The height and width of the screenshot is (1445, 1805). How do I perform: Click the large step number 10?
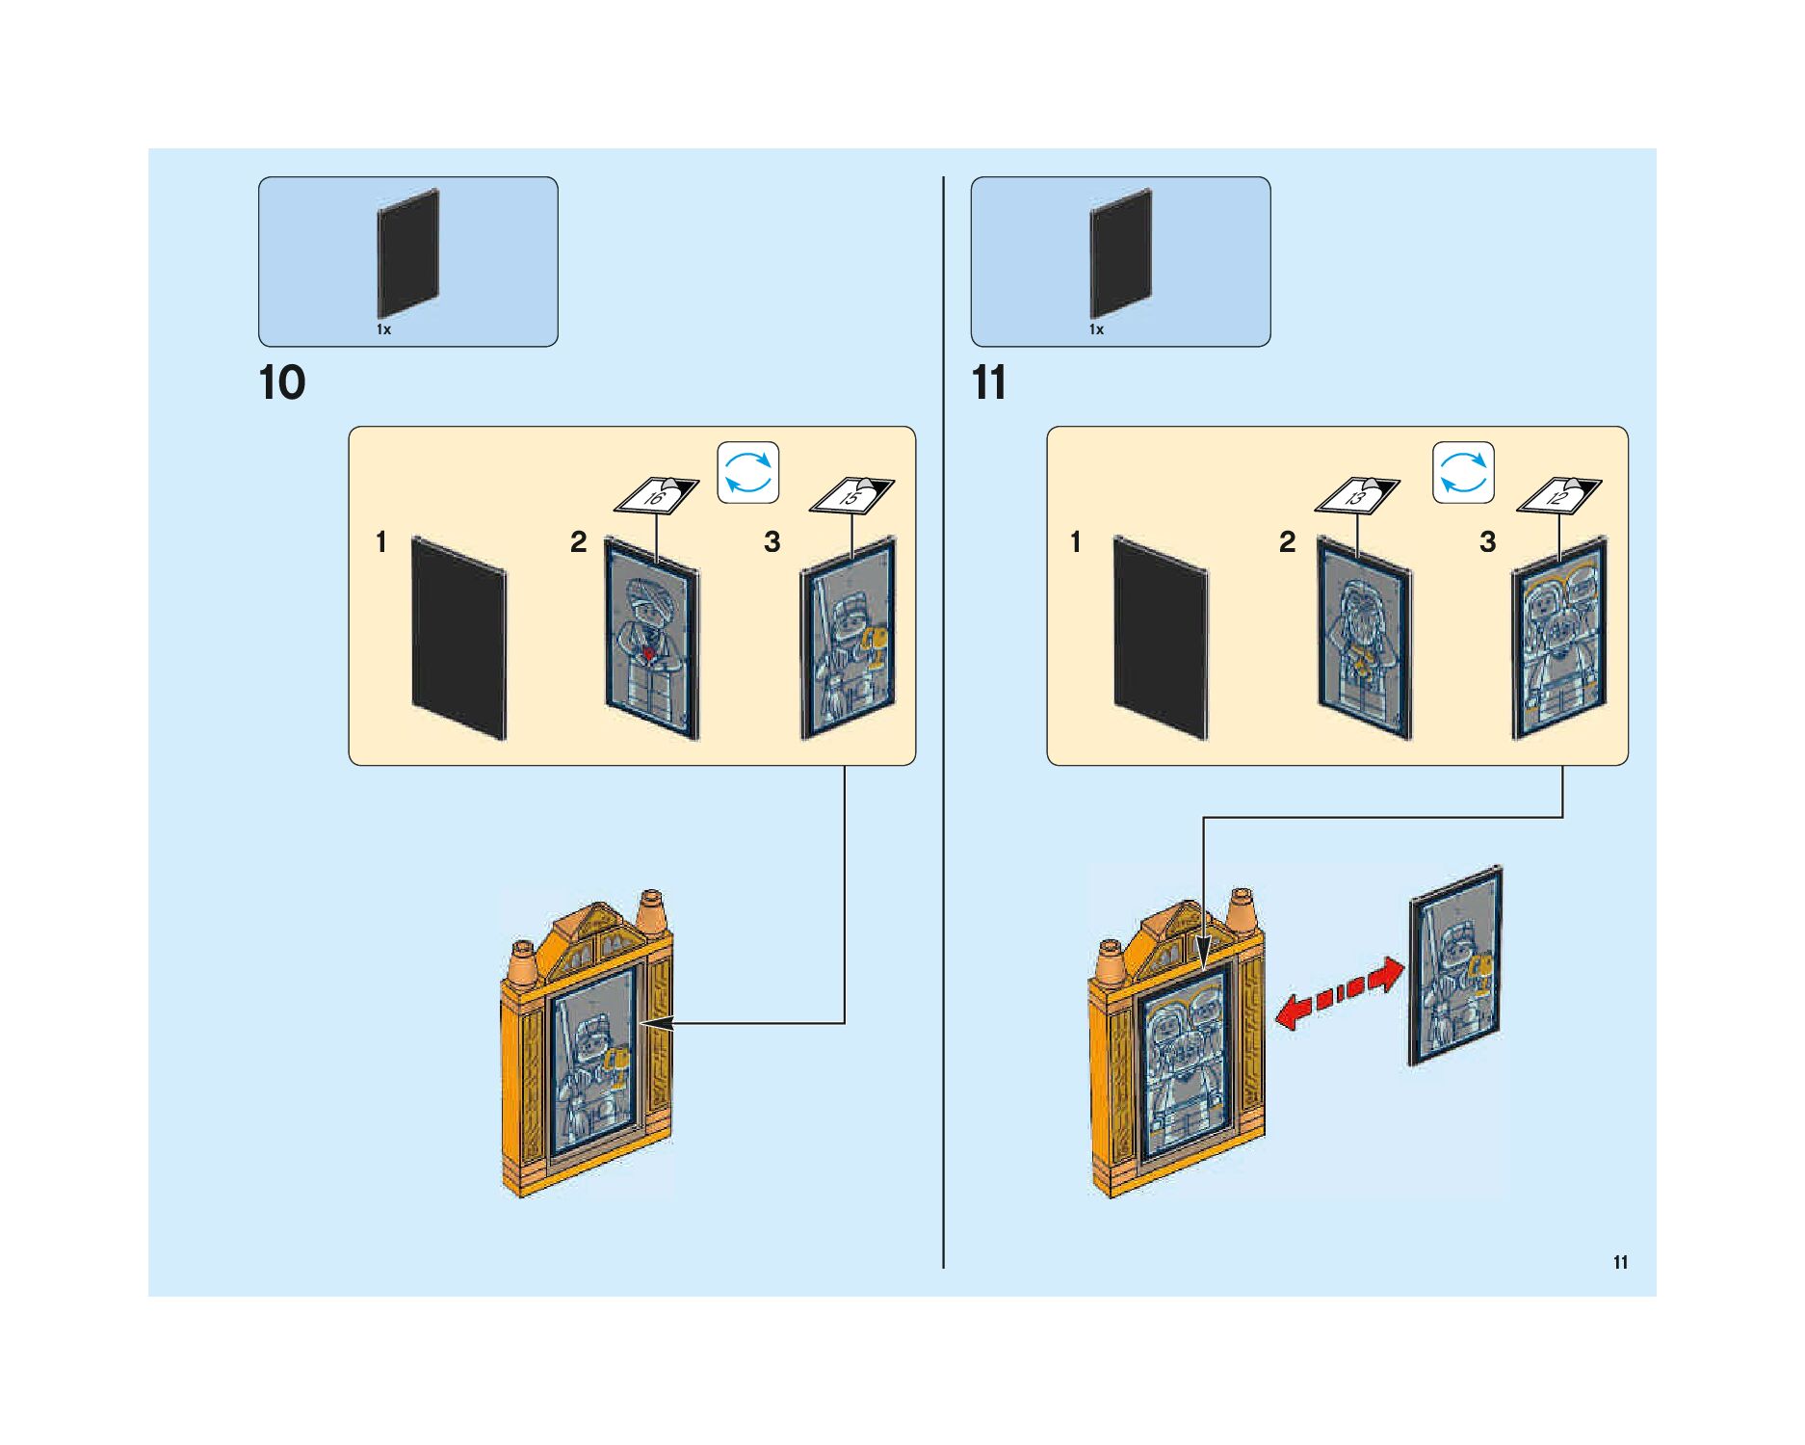click(x=282, y=383)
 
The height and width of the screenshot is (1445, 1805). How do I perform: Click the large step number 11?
click(x=989, y=383)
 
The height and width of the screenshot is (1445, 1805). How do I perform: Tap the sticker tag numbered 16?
click(x=657, y=495)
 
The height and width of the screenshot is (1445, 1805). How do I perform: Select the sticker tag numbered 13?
click(x=1357, y=495)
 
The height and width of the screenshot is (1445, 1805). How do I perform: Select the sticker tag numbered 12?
click(x=1558, y=495)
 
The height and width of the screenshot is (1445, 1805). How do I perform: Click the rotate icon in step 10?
click(x=748, y=472)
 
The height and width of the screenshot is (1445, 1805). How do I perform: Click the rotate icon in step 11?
click(x=1463, y=472)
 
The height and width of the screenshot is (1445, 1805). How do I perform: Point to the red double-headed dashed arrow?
click(x=1339, y=993)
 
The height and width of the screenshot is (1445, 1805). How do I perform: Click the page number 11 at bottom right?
click(x=1620, y=1263)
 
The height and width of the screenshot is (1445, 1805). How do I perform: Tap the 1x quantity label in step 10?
click(x=383, y=329)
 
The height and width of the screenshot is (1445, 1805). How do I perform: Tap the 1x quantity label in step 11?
click(x=1096, y=329)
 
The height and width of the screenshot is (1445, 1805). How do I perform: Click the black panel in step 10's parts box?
click(x=408, y=252)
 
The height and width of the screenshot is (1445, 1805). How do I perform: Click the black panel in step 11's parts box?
click(x=1120, y=252)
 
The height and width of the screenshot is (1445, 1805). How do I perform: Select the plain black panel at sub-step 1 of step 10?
click(x=458, y=639)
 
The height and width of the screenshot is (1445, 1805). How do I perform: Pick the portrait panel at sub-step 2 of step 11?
click(x=1363, y=639)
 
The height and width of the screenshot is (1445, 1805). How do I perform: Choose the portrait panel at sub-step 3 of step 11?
click(x=1558, y=639)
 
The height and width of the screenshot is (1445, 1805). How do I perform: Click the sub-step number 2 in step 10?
click(x=578, y=542)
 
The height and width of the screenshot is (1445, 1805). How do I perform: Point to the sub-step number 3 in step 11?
click(x=1487, y=542)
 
